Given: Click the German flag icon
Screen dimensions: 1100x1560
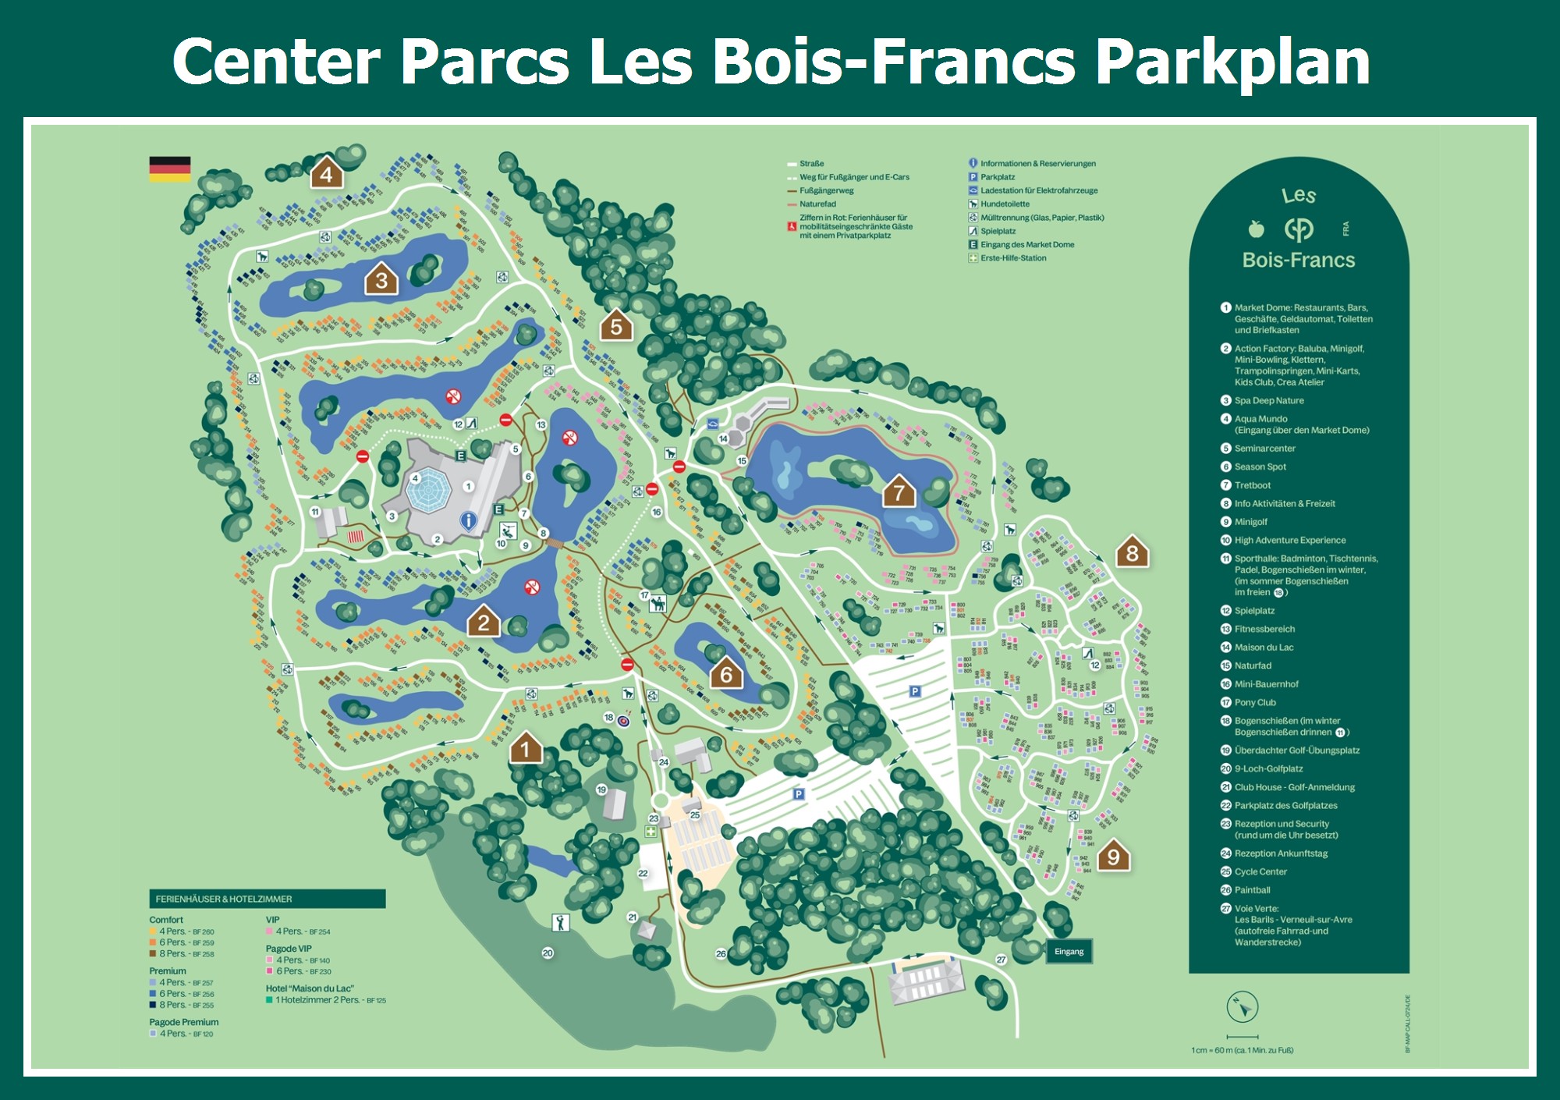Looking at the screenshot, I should click(170, 169).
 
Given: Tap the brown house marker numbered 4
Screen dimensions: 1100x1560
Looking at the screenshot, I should click(327, 173).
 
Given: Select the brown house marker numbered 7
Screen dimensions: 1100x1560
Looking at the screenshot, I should click(899, 491).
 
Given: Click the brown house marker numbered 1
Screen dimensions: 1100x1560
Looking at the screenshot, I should click(526, 748).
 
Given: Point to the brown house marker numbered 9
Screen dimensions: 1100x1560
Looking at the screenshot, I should click(1114, 856).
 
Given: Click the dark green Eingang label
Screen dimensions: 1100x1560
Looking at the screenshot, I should click(1069, 951).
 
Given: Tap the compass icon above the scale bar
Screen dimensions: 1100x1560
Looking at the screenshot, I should click(1242, 1006).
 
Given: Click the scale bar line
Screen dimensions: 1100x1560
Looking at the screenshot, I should click(1242, 1037).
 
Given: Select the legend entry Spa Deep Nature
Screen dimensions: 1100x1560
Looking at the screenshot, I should click(1268, 400).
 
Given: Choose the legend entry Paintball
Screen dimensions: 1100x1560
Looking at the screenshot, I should click(1252, 890).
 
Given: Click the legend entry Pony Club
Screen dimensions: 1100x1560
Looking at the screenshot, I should click(1255, 702).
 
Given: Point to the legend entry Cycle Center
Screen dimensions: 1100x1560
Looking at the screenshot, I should click(1260, 871).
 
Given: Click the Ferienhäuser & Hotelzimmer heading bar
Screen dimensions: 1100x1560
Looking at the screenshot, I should click(268, 899).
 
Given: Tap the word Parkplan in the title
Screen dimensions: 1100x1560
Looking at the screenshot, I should click(1232, 62).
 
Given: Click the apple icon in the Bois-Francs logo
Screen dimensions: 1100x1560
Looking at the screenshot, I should click(1256, 229).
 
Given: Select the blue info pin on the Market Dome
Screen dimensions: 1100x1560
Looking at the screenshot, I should click(468, 520).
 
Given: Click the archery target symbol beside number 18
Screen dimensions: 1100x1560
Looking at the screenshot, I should click(624, 721).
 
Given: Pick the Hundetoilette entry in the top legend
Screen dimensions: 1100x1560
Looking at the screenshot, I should click(1005, 204).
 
